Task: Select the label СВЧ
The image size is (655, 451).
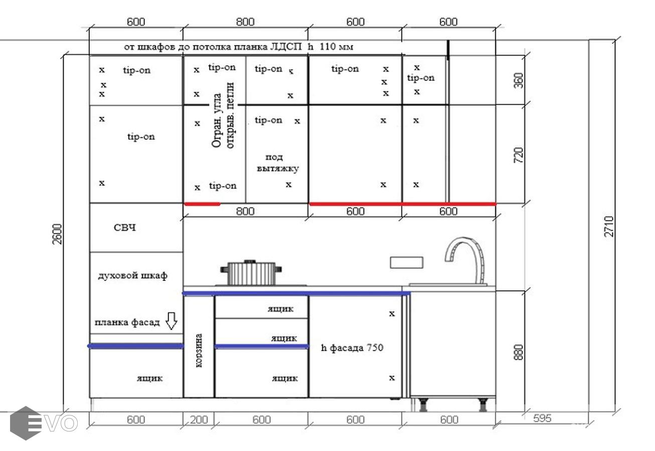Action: [x=125, y=228]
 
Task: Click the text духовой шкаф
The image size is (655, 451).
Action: [x=132, y=276]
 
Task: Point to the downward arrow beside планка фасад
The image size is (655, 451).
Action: [x=172, y=321]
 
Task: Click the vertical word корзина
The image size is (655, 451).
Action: [x=199, y=350]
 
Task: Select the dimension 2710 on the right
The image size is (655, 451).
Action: [x=609, y=227]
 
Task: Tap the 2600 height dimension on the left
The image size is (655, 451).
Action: [x=58, y=234]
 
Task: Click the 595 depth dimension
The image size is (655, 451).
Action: [x=542, y=418]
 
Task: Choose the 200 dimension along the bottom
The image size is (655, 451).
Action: [x=199, y=420]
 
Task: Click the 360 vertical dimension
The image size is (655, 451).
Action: [x=518, y=81]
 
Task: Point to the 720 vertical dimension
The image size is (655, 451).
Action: [x=518, y=155]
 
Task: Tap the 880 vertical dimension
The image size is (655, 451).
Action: [x=518, y=352]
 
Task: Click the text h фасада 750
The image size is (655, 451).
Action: [x=352, y=348]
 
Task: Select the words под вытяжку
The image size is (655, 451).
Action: [x=277, y=163]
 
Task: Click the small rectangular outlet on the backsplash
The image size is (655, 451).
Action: [x=406, y=263]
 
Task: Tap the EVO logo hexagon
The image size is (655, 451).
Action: [x=26, y=423]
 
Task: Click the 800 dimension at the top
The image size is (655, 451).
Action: [x=245, y=22]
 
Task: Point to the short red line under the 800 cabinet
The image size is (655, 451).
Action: [x=202, y=204]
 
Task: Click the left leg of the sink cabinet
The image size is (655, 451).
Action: [x=422, y=404]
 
